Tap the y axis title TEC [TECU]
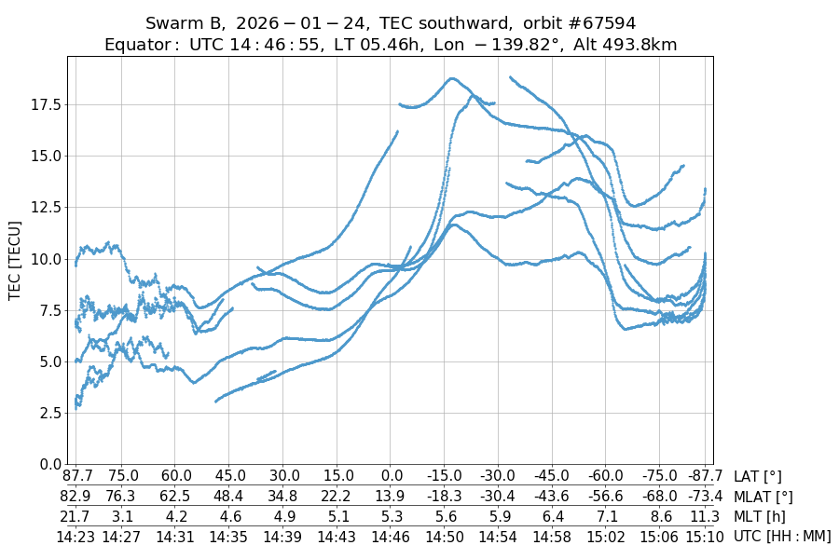(x=15, y=260)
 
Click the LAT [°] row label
(x=759, y=476)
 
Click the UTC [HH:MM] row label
(x=782, y=536)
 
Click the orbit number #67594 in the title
(x=600, y=23)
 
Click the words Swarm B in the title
(x=186, y=23)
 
